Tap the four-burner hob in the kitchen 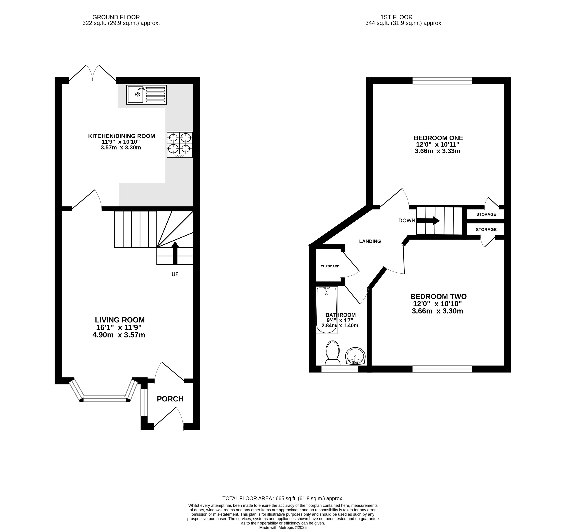[x=180, y=144]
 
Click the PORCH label [x=170, y=399]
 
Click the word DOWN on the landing [x=407, y=220]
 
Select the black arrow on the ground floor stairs [x=175, y=253]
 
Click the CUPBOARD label [x=330, y=266]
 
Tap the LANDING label [x=370, y=241]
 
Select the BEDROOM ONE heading [x=438, y=138]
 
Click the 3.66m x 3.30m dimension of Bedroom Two [x=437, y=311]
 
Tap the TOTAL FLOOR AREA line [x=283, y=498]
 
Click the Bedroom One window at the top [x=442, y=81]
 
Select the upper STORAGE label [x=486, y=214]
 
